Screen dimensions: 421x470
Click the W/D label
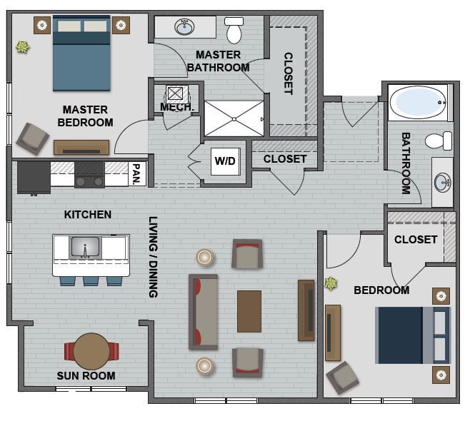(224, 161)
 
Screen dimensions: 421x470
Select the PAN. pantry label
(136, 173)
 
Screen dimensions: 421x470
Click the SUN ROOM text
(86, 375)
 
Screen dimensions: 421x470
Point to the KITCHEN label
(87, 214)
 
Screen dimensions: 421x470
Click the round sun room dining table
(91, 351)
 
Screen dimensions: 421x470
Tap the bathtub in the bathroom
(419, 103)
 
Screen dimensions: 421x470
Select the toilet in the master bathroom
(234, 31)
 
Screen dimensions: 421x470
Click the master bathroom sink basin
(185, 27)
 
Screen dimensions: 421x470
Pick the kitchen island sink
(85, 248)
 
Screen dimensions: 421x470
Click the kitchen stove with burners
(90, 174)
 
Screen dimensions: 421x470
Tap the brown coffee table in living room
(249, 311)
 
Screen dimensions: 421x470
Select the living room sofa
(203, 311)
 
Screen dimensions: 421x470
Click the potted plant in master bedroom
(24, 48)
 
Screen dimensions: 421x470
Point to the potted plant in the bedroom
(330, 283)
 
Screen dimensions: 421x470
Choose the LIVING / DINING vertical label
(152, 257)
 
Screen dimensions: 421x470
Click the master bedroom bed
(81, 54)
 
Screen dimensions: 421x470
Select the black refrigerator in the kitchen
(34, 177)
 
